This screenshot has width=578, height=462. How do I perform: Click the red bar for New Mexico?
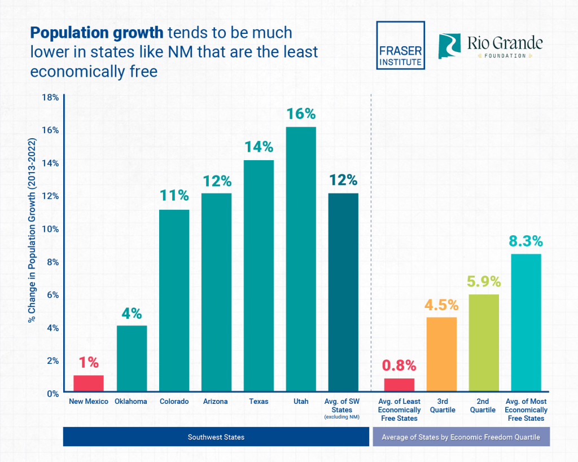pyautogui.click(x=89, y=384)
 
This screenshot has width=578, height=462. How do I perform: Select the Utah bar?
pyautogui.click(x=301, y=259)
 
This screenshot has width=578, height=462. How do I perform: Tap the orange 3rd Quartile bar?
pyautogui.click(x=441, y=355)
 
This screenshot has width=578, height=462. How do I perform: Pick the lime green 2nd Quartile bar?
pyautogui.click(x=484, y=344)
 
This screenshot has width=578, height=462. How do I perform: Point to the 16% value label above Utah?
pyautogui.click(x=301, y=114)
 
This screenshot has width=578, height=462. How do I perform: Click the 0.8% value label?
pyautogui.click(x=399, y=366)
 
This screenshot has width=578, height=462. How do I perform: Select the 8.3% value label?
pyautogui.click(x=526, y=241)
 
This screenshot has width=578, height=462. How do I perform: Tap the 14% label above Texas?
pyautogui.click(x=259, y=147)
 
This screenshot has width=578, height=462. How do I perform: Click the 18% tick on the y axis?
pyautogui.click(x=50, y=97)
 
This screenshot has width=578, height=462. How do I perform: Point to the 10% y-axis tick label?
pyautogui.click(x=50, y=229)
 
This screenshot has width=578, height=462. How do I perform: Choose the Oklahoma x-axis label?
pyautogui.click(x=132, y=402)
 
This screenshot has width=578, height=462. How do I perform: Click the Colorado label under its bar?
pyautogui.click(x=174, y=402)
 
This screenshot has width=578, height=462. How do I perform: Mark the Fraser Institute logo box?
pyautogui.click(x=400, y=45)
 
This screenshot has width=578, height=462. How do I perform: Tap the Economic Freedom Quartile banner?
pyautogui.click(x=461, y=437)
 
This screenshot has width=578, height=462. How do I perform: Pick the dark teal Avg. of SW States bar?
pyautogui.click(x=343, y=293)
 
